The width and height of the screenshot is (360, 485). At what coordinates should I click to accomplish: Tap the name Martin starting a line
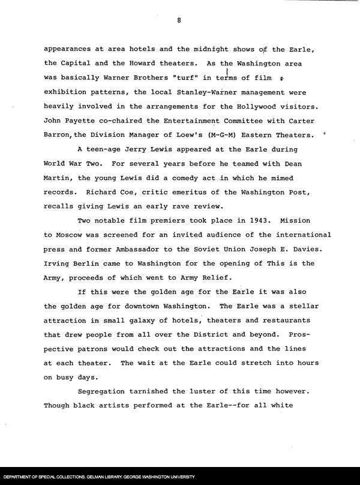coord(59,178)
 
